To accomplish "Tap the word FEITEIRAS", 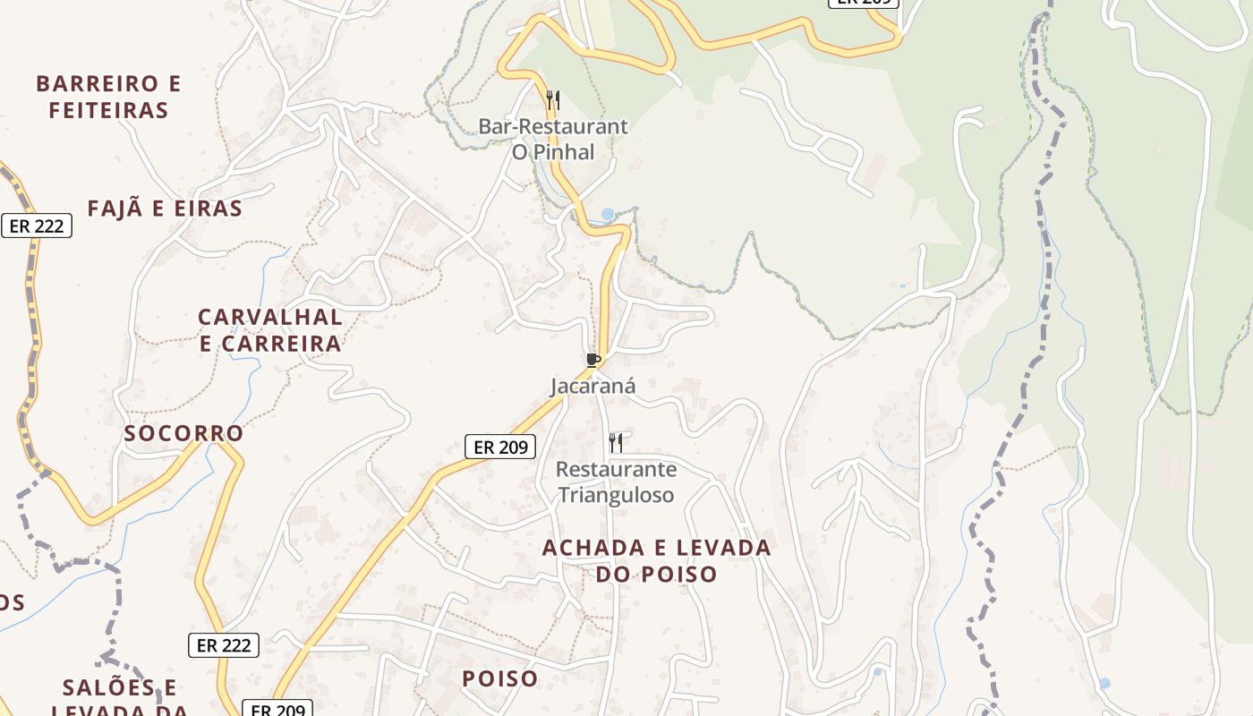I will (109, 111).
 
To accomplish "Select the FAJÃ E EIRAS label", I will (165, 209).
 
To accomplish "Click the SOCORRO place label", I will (183, 433).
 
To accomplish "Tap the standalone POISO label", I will (500, 678).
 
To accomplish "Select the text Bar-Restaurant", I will (553, 127).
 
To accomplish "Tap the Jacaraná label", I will (592, 387).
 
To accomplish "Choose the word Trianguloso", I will (616, 494).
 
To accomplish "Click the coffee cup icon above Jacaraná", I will (592, 360).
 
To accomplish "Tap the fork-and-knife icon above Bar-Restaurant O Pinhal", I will (553, 99).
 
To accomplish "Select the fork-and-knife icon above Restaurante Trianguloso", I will (616, 442).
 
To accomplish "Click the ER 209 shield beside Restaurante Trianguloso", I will (500, 447).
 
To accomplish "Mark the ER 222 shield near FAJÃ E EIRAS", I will (37, 226).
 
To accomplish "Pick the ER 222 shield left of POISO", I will (224, 644).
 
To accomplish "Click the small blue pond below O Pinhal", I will (609, 214).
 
